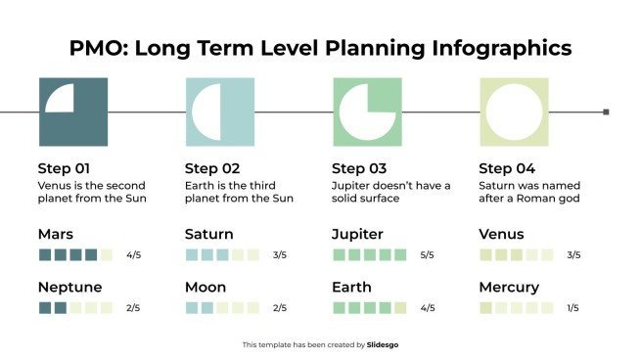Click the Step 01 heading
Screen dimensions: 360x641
[64, 167]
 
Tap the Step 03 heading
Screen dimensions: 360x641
[359, 167]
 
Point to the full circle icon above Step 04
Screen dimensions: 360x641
[513, 112]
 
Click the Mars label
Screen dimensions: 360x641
[56, 235]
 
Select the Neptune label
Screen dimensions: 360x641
[70, 288]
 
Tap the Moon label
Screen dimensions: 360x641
[206, 288]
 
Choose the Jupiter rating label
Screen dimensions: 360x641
[357, 235]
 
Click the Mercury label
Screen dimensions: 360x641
[509, 288]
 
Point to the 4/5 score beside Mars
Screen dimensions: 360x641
[133, 255]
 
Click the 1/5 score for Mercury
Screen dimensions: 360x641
[573, 308]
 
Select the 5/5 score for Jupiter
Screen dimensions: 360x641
[427, 255]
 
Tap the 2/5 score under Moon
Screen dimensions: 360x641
[280, 308]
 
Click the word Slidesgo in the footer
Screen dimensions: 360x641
[383, 344]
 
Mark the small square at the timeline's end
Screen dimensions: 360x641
[606, 112]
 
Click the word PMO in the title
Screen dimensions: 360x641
[94, 47]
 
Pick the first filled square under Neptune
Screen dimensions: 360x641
[44, 308]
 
